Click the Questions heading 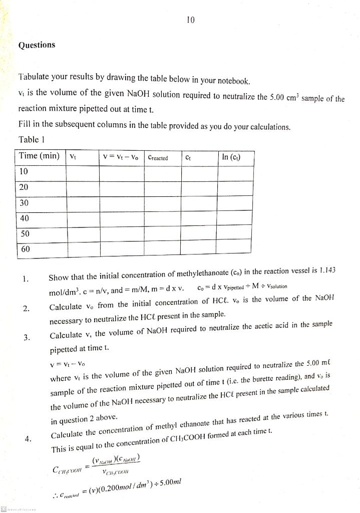coord(37,45)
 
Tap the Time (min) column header coord(39,156)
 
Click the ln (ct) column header coord(231,157)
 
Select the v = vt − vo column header coord(121,157)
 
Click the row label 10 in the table coord(24,172)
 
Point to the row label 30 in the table coord(24,203)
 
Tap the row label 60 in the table coord(25,249)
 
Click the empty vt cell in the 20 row coord(82,187)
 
